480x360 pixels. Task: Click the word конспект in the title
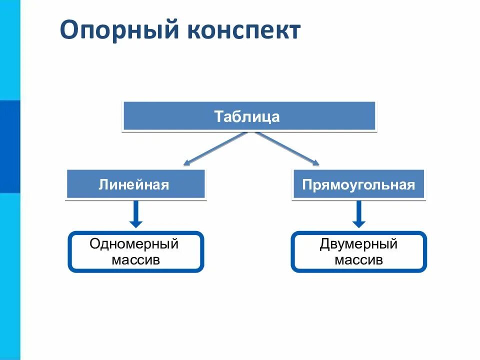click(x=244, y=30)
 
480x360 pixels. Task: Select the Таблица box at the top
click(x=248, y=116)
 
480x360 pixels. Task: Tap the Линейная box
click(x=135, y=184)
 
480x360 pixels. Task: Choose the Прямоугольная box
click(x=358, y=184)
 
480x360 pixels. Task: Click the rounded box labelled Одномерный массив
click(x=135, y=252)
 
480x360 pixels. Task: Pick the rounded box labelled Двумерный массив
click(x=358, y=252)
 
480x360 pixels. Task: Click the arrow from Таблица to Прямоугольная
click(x=288, y=148)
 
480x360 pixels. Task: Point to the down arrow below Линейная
click(x=135, y=214)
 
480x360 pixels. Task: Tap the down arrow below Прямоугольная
click(x=358, y=214)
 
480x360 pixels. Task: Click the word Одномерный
click(x=134, y=244)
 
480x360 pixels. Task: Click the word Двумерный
click(x=358, y=244)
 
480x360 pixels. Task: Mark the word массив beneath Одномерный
click(x=135, y=260)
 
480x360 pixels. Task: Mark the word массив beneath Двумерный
click(x=358, y=260)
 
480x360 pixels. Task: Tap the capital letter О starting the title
click(x=69, y=30)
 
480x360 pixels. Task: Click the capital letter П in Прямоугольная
click(x=306, y=184)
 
